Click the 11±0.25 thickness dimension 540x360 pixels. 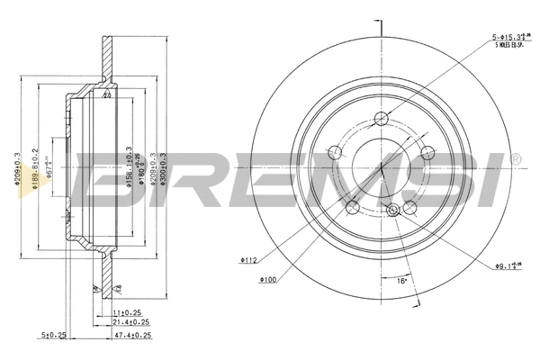coord(125,312)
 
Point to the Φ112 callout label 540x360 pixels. coord(249,260)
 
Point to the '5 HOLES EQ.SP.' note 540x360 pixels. coord(509,46)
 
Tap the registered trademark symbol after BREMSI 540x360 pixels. coord(515,159)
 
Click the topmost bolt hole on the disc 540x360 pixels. coord(381,117)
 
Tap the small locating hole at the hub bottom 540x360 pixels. coord(392,211)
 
